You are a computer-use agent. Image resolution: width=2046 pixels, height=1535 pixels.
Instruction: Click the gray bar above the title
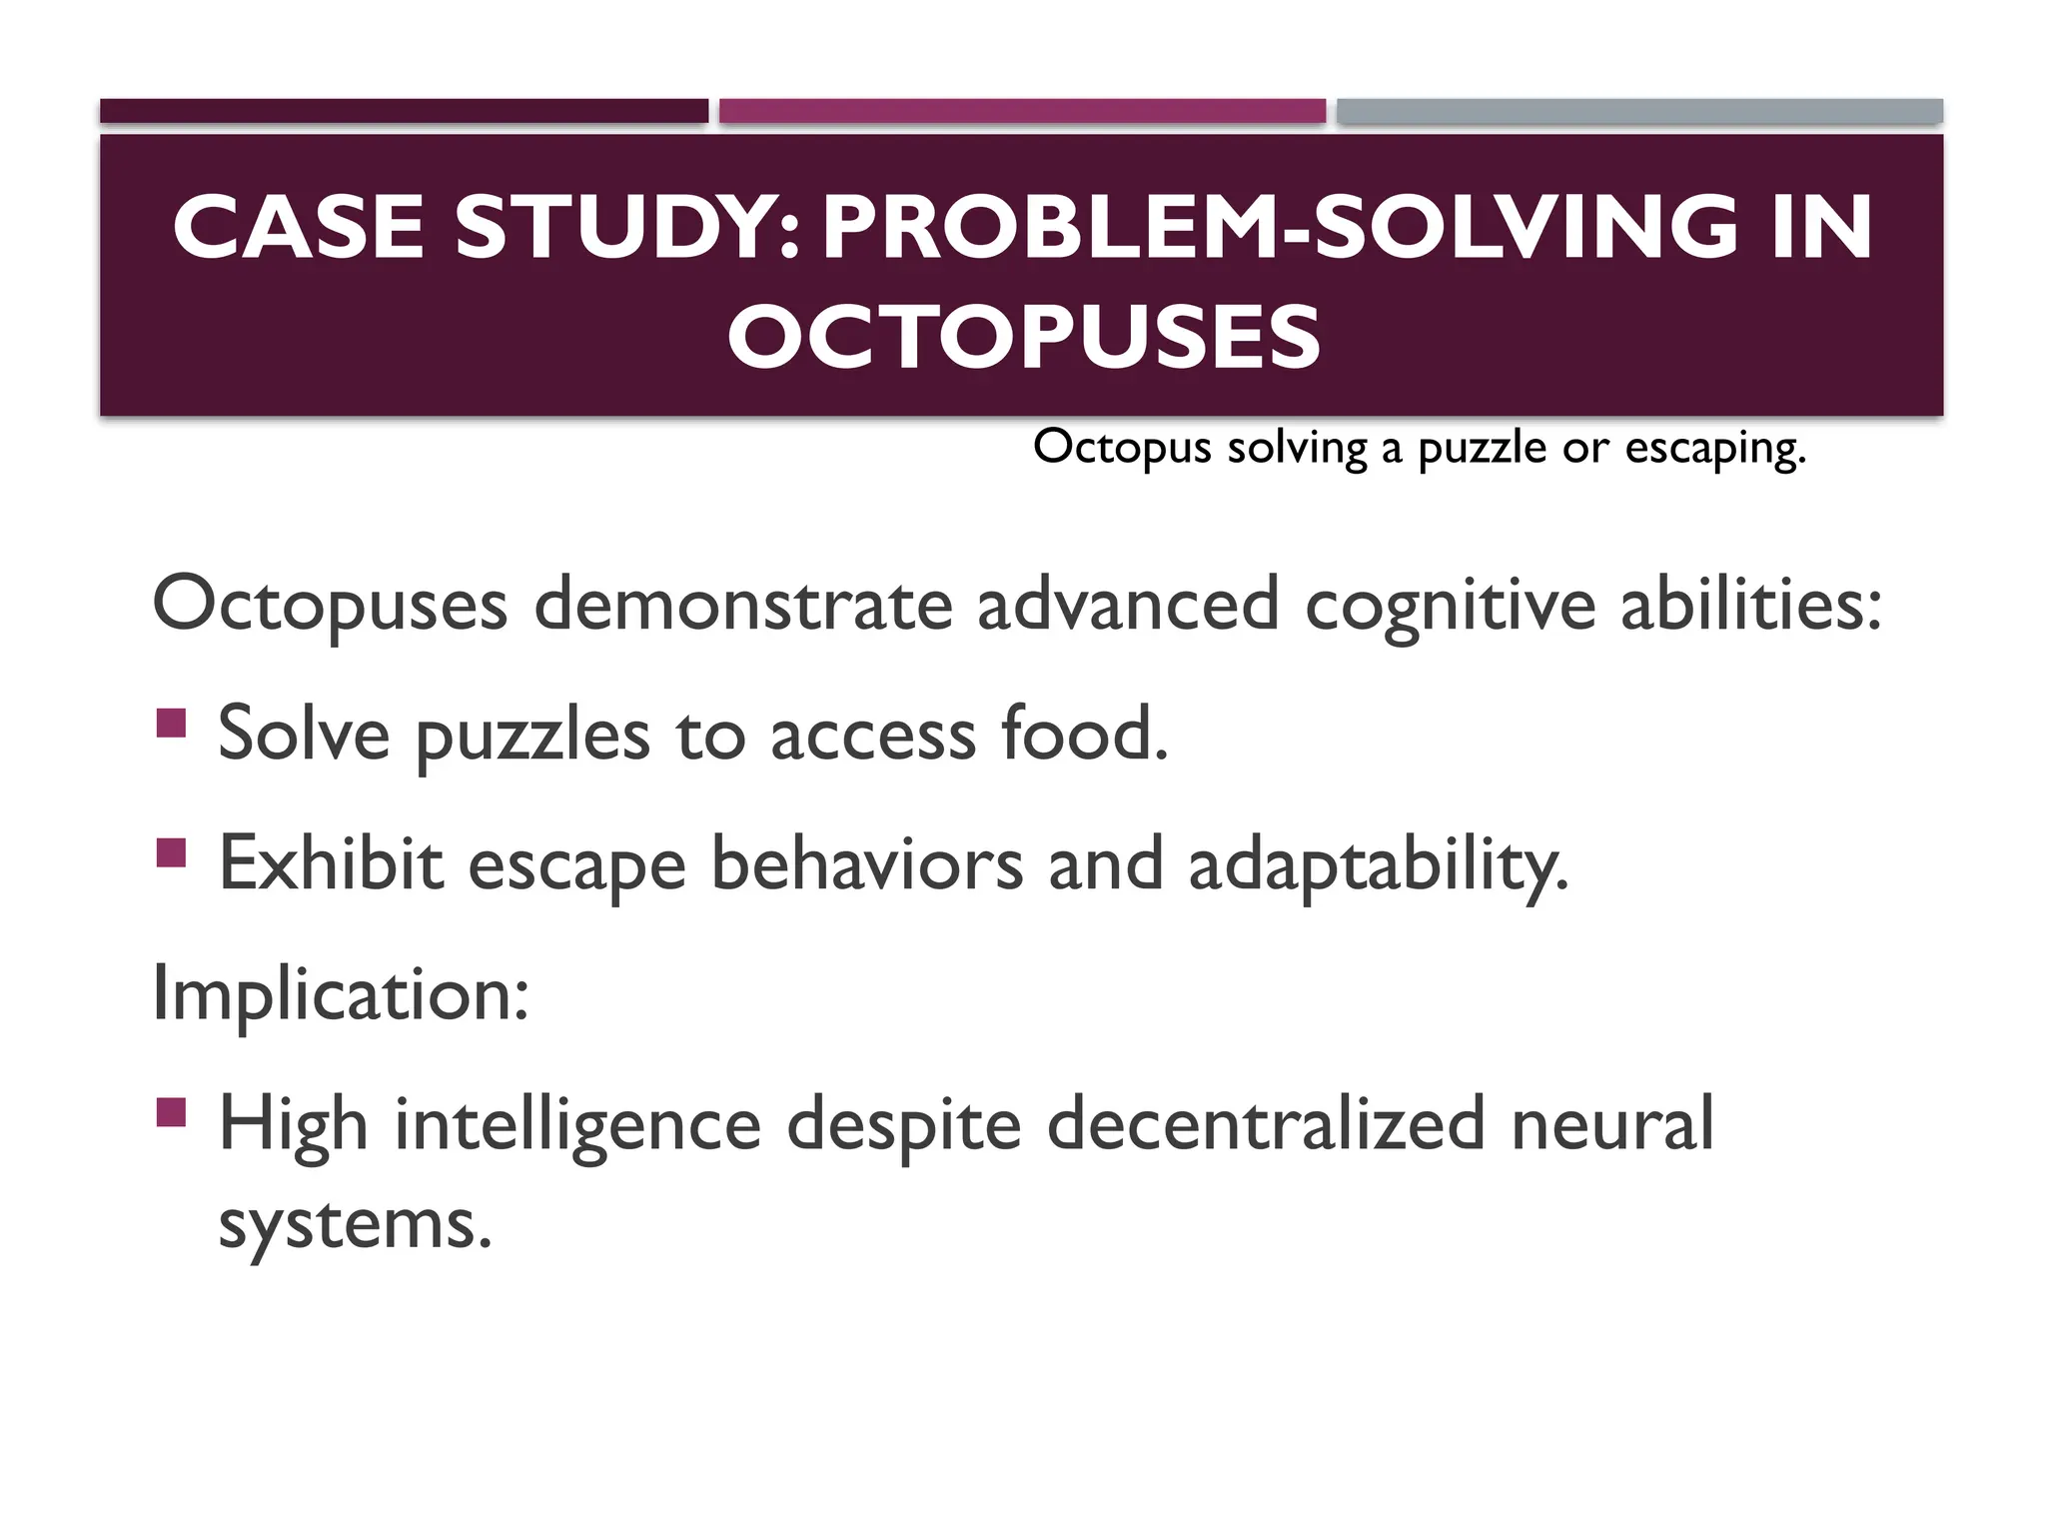(x=1639, y=111)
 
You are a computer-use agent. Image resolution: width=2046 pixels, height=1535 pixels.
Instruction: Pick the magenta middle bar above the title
(x=1022, y=111)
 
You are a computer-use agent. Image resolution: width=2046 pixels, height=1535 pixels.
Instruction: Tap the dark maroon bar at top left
(x=404, y=111)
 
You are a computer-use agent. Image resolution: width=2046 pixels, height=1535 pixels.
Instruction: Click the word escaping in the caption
(x=1714, y=449)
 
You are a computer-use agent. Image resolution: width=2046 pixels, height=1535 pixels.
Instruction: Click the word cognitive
(x=1450, y=606)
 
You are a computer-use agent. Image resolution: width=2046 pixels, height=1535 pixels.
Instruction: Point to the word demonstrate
(x=743, y=606)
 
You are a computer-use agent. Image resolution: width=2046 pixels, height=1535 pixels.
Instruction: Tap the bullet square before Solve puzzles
(x=172, y=723)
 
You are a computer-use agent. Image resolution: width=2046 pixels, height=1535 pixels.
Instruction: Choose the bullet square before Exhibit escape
(x=172, y=852)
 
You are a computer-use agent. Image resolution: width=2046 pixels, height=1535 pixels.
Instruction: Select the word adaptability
(x=1379, y=865)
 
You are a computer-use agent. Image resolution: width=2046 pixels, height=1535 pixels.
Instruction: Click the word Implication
(x=340, y=995)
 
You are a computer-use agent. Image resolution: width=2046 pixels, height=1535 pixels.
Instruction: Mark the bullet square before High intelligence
(x=172, y=1112)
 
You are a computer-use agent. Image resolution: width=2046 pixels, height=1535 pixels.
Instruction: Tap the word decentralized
(x=1266, y=1124)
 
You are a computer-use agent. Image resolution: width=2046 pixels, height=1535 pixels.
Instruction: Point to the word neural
(x=1612, y=1124)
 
